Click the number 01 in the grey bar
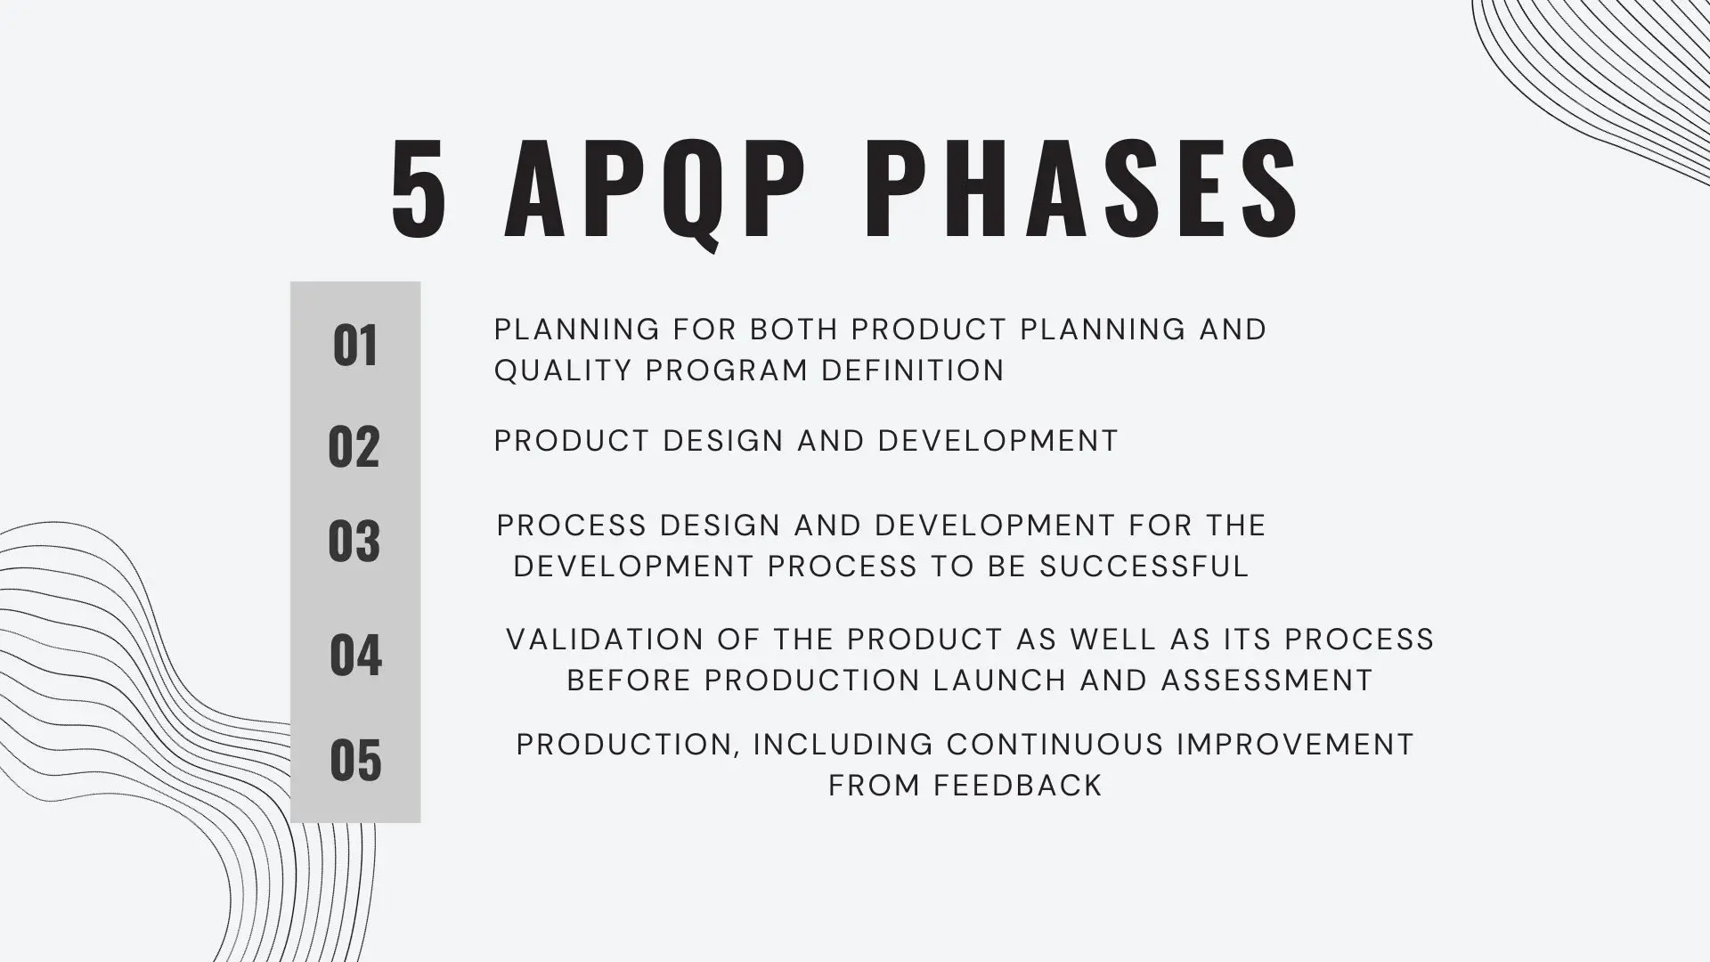point(354,346)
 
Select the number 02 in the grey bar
point(354,446)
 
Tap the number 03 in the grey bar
point(354,541)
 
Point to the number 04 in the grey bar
point(355,655)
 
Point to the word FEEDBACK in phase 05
point(1018,786)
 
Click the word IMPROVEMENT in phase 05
point(1295,745)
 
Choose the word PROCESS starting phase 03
point(571,526)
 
